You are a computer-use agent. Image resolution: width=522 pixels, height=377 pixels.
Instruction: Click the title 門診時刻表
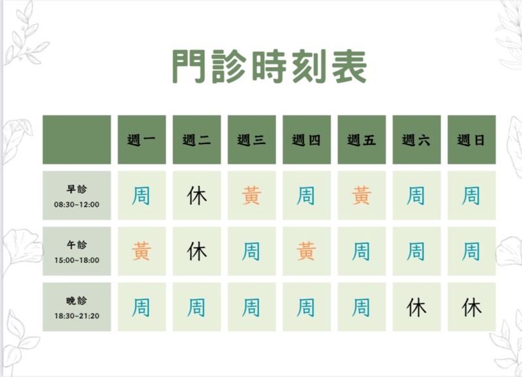coord(269,67)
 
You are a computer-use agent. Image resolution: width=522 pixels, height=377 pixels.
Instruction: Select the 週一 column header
coord(142,140)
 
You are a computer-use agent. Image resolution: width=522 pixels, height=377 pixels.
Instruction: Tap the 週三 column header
coord(252,140)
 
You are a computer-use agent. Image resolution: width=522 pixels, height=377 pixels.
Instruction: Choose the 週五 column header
coord(361,140)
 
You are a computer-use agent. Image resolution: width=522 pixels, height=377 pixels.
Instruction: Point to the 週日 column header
coord(471,140)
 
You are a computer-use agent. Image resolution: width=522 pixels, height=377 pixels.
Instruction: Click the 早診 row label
coord(76,189)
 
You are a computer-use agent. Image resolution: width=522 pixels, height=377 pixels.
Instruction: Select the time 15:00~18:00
coord(76,260)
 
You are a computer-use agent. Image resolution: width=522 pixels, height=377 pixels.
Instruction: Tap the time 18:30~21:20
coord(76,316)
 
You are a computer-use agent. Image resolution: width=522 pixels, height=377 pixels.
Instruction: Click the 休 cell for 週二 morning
coord(197,195)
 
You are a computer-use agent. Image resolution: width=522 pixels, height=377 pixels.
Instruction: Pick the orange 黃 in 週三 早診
coord(252,195)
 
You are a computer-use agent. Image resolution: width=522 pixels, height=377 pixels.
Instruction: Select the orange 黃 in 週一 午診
coord(142,251)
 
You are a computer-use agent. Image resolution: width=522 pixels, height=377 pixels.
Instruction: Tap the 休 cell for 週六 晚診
coord(416,307)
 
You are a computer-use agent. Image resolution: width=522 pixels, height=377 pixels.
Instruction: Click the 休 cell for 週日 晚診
coord(471,307)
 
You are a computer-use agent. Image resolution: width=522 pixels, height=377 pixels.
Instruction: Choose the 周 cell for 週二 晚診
coord(197,307)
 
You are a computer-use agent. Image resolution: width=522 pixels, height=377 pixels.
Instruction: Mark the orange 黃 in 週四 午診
coord(307,251)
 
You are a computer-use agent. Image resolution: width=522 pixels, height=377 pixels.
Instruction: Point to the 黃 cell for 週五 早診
coord(361,195)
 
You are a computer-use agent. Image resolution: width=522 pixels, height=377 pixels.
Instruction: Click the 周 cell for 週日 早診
coord(471,195)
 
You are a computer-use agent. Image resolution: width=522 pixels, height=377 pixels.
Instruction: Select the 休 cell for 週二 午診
coord(197,251)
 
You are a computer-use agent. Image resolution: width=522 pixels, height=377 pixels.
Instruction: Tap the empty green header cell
coord(76,140)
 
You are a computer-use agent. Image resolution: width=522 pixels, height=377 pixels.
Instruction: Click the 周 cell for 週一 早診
coord(142,195)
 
